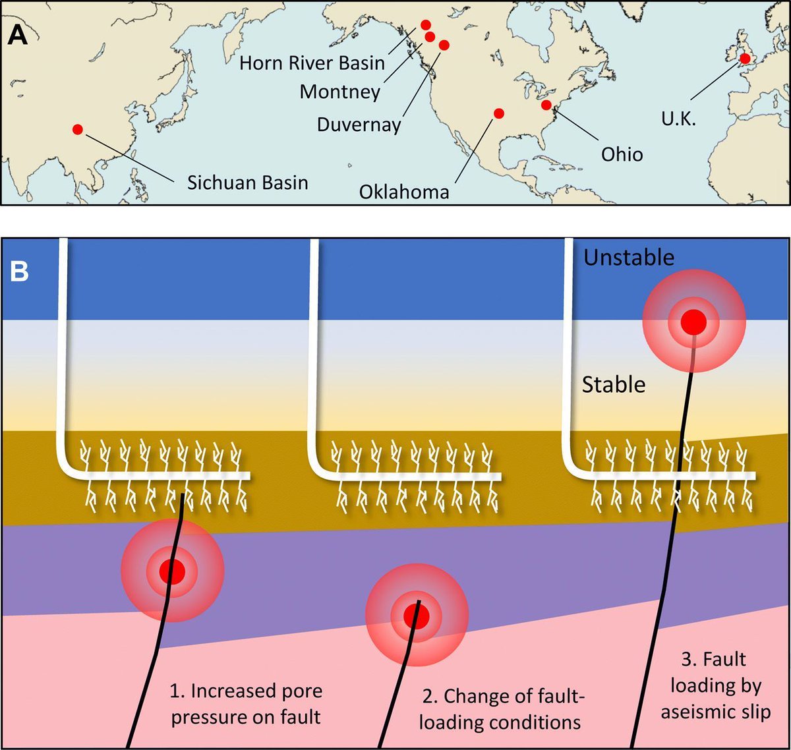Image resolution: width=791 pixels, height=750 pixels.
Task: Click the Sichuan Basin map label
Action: pos(247,183)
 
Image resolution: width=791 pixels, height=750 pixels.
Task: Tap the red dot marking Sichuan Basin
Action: pos(78,130)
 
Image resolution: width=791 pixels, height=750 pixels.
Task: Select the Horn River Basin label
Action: pos(312,63)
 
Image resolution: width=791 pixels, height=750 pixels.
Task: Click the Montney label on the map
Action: pos(339,92)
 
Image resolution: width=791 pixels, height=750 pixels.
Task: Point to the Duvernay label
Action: pos(359,125)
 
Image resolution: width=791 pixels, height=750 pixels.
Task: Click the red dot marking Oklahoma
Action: pos(499,113)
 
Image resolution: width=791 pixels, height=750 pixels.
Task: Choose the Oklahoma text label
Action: pos(404,192)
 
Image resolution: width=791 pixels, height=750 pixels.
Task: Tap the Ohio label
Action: pos(622,154)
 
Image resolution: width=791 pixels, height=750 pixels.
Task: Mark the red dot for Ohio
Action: pos(546,105)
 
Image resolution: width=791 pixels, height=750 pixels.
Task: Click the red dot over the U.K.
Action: pos(745,59)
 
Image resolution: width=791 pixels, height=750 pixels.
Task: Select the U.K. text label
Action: pos(678,119)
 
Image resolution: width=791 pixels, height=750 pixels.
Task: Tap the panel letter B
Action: pos(20,271)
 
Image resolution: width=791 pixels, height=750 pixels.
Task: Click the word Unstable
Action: pos(629,257)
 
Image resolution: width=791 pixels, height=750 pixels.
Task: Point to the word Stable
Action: pos(613,384)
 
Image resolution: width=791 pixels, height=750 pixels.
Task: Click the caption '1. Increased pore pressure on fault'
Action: pos(246,704)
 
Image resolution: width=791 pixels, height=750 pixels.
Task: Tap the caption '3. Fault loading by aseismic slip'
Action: pos(715,685)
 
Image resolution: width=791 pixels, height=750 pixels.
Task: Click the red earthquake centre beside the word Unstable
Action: pos(693,322)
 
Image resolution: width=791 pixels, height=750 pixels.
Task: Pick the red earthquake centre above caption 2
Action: pos(417,615)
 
